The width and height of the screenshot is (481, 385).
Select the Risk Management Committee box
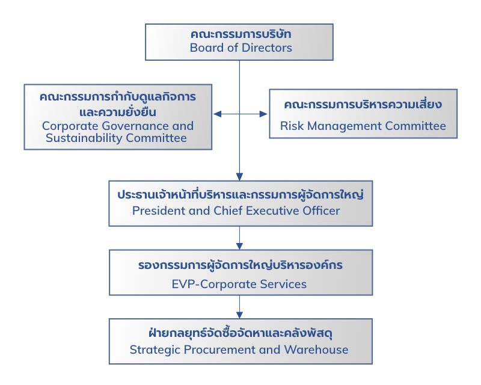click(363, 114)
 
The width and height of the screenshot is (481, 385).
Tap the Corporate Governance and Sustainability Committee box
click(118, 117)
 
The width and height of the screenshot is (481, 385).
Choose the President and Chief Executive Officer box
click(240, 203)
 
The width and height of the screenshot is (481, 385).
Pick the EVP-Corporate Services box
click(240, 273)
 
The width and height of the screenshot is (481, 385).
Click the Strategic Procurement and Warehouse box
click(240, 341)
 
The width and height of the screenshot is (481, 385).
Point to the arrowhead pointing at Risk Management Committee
click(263, 114)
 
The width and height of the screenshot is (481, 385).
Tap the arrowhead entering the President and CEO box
click(239, 177)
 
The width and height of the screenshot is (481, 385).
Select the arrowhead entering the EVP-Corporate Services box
click(239, 246)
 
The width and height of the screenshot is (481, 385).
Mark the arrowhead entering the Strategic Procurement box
click(239, 315)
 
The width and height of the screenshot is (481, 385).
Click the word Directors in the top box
click(266, 48)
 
